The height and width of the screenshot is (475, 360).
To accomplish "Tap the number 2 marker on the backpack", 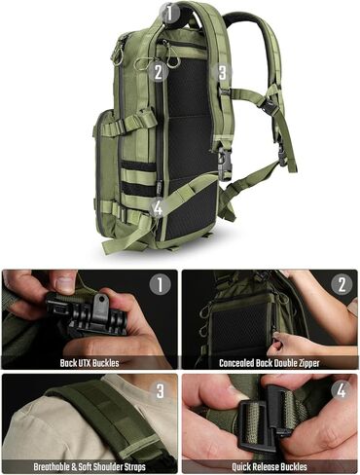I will click(x=158, y=69).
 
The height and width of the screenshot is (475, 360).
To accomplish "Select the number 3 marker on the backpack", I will click(x=223, y=72).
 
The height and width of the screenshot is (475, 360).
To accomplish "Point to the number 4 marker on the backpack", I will click(x=158, y=206).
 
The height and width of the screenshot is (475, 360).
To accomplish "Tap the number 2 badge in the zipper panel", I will click(x=341, y=286).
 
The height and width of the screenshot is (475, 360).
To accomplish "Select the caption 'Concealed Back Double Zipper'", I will click(x=270, y=363).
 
